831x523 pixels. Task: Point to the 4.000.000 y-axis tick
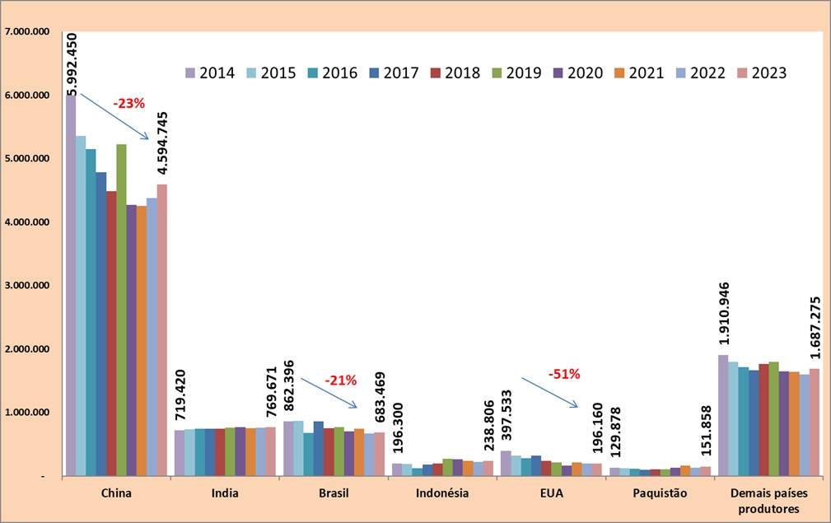[28, 222]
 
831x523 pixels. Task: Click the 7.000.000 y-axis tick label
[28, 31]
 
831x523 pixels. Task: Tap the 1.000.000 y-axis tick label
[28, 413]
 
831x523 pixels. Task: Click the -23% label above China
[128, 104]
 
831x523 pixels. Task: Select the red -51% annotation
[564, 373]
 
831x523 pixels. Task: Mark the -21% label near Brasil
[340, 381]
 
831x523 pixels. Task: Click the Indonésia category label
[442, 494]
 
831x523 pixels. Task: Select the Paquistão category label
[659, 494]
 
